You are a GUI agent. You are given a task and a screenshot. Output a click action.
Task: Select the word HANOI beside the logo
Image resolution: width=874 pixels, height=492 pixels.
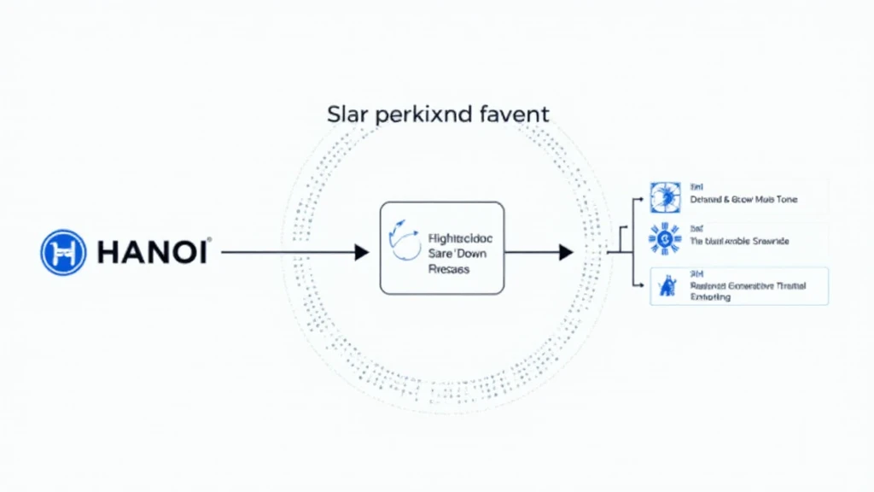point(151,253)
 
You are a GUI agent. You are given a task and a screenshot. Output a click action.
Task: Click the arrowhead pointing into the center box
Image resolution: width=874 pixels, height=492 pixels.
point(362,252)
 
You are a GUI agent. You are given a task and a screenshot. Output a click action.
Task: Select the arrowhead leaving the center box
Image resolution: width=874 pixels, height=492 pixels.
point(565,252)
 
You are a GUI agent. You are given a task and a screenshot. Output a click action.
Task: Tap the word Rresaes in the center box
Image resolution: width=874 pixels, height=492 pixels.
point(446,268)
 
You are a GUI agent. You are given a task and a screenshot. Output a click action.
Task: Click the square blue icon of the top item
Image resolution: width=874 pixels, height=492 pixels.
point(663,196)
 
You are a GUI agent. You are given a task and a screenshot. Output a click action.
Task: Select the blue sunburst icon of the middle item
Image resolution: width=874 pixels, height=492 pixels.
point(663,239)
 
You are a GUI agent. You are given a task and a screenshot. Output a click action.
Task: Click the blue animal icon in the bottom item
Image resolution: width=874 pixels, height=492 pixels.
point(663,288)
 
